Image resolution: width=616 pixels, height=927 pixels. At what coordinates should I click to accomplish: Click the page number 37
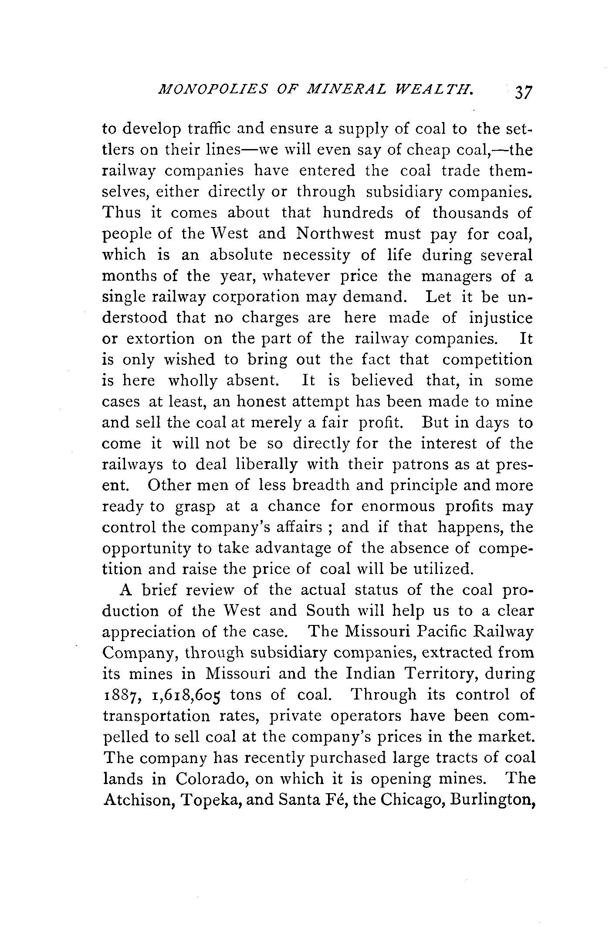click(x=523, y=94)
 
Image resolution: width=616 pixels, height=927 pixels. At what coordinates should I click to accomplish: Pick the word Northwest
click(x=335, y=234)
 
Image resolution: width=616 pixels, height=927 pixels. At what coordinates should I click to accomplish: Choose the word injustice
click(x=500, y=318)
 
